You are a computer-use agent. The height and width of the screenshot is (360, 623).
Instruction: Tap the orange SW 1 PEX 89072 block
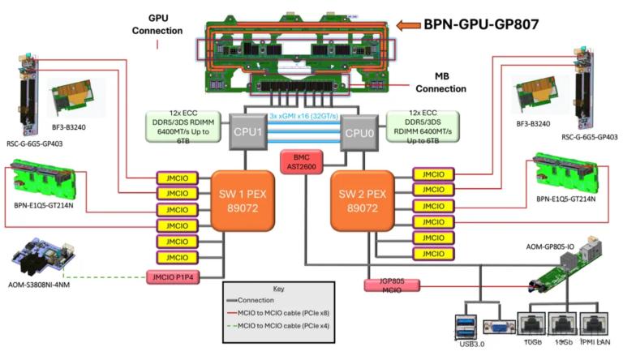click(241, 203)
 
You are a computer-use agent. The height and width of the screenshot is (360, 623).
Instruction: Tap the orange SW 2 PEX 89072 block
click(365, 203)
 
